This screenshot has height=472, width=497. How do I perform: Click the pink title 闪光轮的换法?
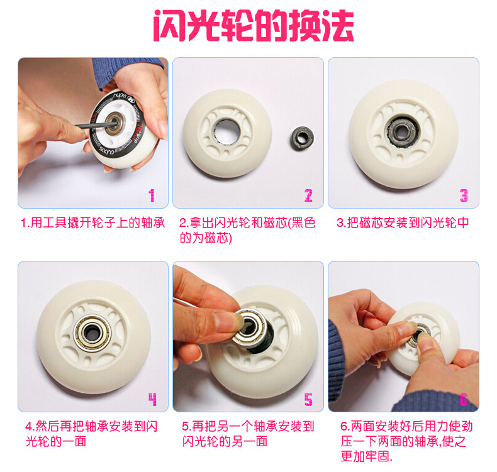[x=254, y=25]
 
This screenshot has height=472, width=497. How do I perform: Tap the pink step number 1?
[x=152, y=195]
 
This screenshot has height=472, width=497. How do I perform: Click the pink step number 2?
[x=308, y=195]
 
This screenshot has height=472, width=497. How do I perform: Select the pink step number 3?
[x=464, y=195]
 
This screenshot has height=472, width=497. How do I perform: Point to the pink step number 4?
[x=152, y=400]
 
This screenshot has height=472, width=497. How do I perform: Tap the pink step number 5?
[x=308, y=400]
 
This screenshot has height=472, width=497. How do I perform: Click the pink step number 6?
[x=464, y=400]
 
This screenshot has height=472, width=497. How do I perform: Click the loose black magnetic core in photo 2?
[x=303, y=138]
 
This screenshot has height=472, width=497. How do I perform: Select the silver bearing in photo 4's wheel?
[x=92, y=333]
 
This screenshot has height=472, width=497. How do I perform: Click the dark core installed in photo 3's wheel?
[x=402, y=132]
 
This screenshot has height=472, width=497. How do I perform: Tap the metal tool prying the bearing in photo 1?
[x=95, y=125]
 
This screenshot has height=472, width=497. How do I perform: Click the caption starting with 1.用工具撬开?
[x=93, y=223]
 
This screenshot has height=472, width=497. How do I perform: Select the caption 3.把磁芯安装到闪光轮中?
[x=403, y=223]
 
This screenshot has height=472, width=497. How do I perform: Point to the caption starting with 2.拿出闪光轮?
[x=247, y=230]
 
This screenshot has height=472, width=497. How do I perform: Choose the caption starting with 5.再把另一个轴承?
[x=248, y=434]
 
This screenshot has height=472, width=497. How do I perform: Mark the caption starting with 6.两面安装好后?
[x=406, y=441]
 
